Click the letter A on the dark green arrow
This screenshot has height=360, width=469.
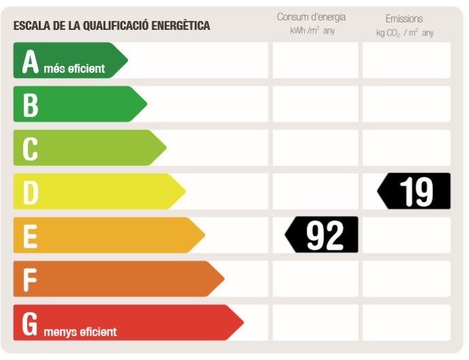[31, 61]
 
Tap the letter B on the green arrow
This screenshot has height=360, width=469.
[30, 105]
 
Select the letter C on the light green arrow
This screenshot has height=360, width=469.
[30, 148]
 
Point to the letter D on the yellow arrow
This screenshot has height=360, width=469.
[31, 192]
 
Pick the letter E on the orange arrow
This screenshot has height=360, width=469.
[30, 235]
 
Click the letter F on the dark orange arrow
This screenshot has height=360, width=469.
[30, 279]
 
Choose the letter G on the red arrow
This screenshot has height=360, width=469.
[30, 323]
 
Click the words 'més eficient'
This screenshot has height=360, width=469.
[74, 69]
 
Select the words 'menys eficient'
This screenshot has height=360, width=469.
[80, 332]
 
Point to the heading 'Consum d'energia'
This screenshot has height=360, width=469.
[311, 17]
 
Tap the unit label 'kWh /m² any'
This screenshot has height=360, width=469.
[312, 31]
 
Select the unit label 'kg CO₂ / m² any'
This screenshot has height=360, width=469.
[404, 32]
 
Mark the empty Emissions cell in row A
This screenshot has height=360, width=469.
[406, 61]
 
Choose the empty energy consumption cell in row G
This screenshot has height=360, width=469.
[315, 323]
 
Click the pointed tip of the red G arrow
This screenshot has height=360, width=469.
[242, 323]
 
